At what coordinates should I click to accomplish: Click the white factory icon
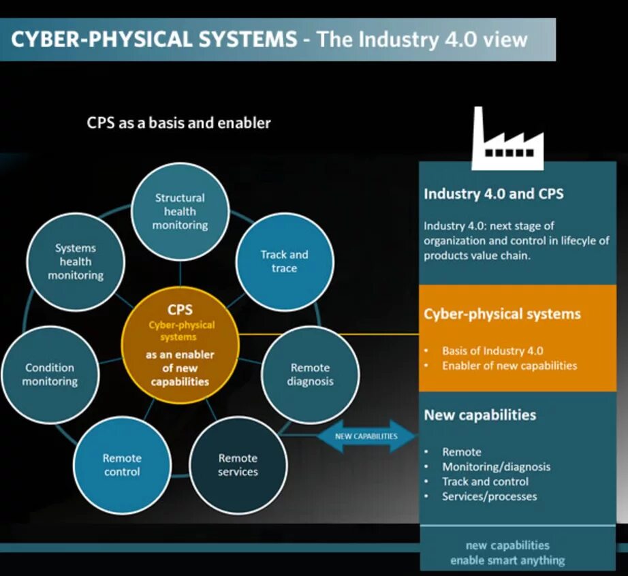pyautogui.click(x=507, y=140)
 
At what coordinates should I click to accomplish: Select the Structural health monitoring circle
pyautogui.click(x=180, y=211)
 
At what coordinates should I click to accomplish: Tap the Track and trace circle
pyautogui.click(x=284, y=261)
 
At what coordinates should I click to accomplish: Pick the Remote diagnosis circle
pyautogui.click(x=310, y=374)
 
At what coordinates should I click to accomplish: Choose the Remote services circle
pyautogui.click(x=238, y=465)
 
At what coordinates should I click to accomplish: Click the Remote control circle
pyautogui.click(x=122, y=465)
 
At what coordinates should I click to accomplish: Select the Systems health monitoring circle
pyautogui.click(x=76, y=261)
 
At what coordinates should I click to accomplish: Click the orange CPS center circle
pyautogui.click(x=179, y=345)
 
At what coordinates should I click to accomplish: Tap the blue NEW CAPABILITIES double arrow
pyautogui.click(x=366, y=436)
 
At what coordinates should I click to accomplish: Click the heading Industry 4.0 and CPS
pyautogui.click(x=494, y=193)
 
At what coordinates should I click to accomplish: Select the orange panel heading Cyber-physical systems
pyautogui.click(x=502, y=314)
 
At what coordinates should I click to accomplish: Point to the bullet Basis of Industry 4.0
pyautogui.click(x=492, y=351)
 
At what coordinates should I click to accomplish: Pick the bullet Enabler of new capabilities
pyautogui.click(x=509, y=366)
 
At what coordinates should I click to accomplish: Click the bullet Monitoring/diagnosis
pyautogui.click(x=496, y=466)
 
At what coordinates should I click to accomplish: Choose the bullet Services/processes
pyautogui.click(x=489, y=496)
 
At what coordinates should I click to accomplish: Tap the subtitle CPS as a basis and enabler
pyautogui.click(x=178, y=123)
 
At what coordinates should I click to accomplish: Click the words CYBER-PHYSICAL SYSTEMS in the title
pyautogui.click(x=154, y=39)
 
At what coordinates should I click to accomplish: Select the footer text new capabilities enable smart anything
pyautogui.click(x=507, y=553)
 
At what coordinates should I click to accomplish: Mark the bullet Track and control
pyautogui.click(x=485, y=481)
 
